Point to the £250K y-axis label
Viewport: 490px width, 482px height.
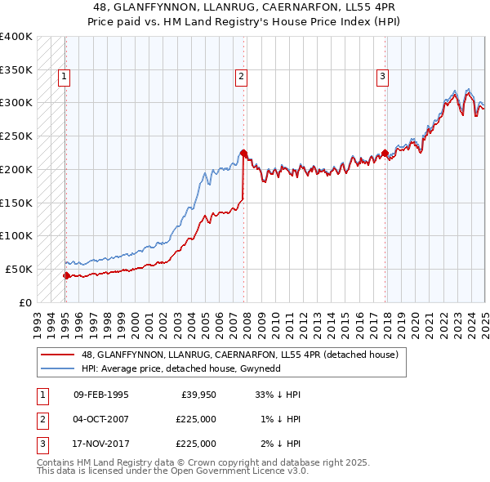pos(16,136)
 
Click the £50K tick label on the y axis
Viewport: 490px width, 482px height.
pos(20,269)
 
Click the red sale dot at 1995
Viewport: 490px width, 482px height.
pos(67,275)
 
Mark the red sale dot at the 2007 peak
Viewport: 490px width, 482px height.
pos(243,152)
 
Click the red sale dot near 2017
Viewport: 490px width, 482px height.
pos(385,152)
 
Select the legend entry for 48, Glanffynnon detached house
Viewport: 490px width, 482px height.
pos(239,355)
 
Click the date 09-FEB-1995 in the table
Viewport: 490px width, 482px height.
pos(101,395)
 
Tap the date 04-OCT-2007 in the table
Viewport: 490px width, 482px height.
pos(101,419)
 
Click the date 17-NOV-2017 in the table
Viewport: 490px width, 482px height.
pos(101,444)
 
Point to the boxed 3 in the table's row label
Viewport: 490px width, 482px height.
pos(42,444)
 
